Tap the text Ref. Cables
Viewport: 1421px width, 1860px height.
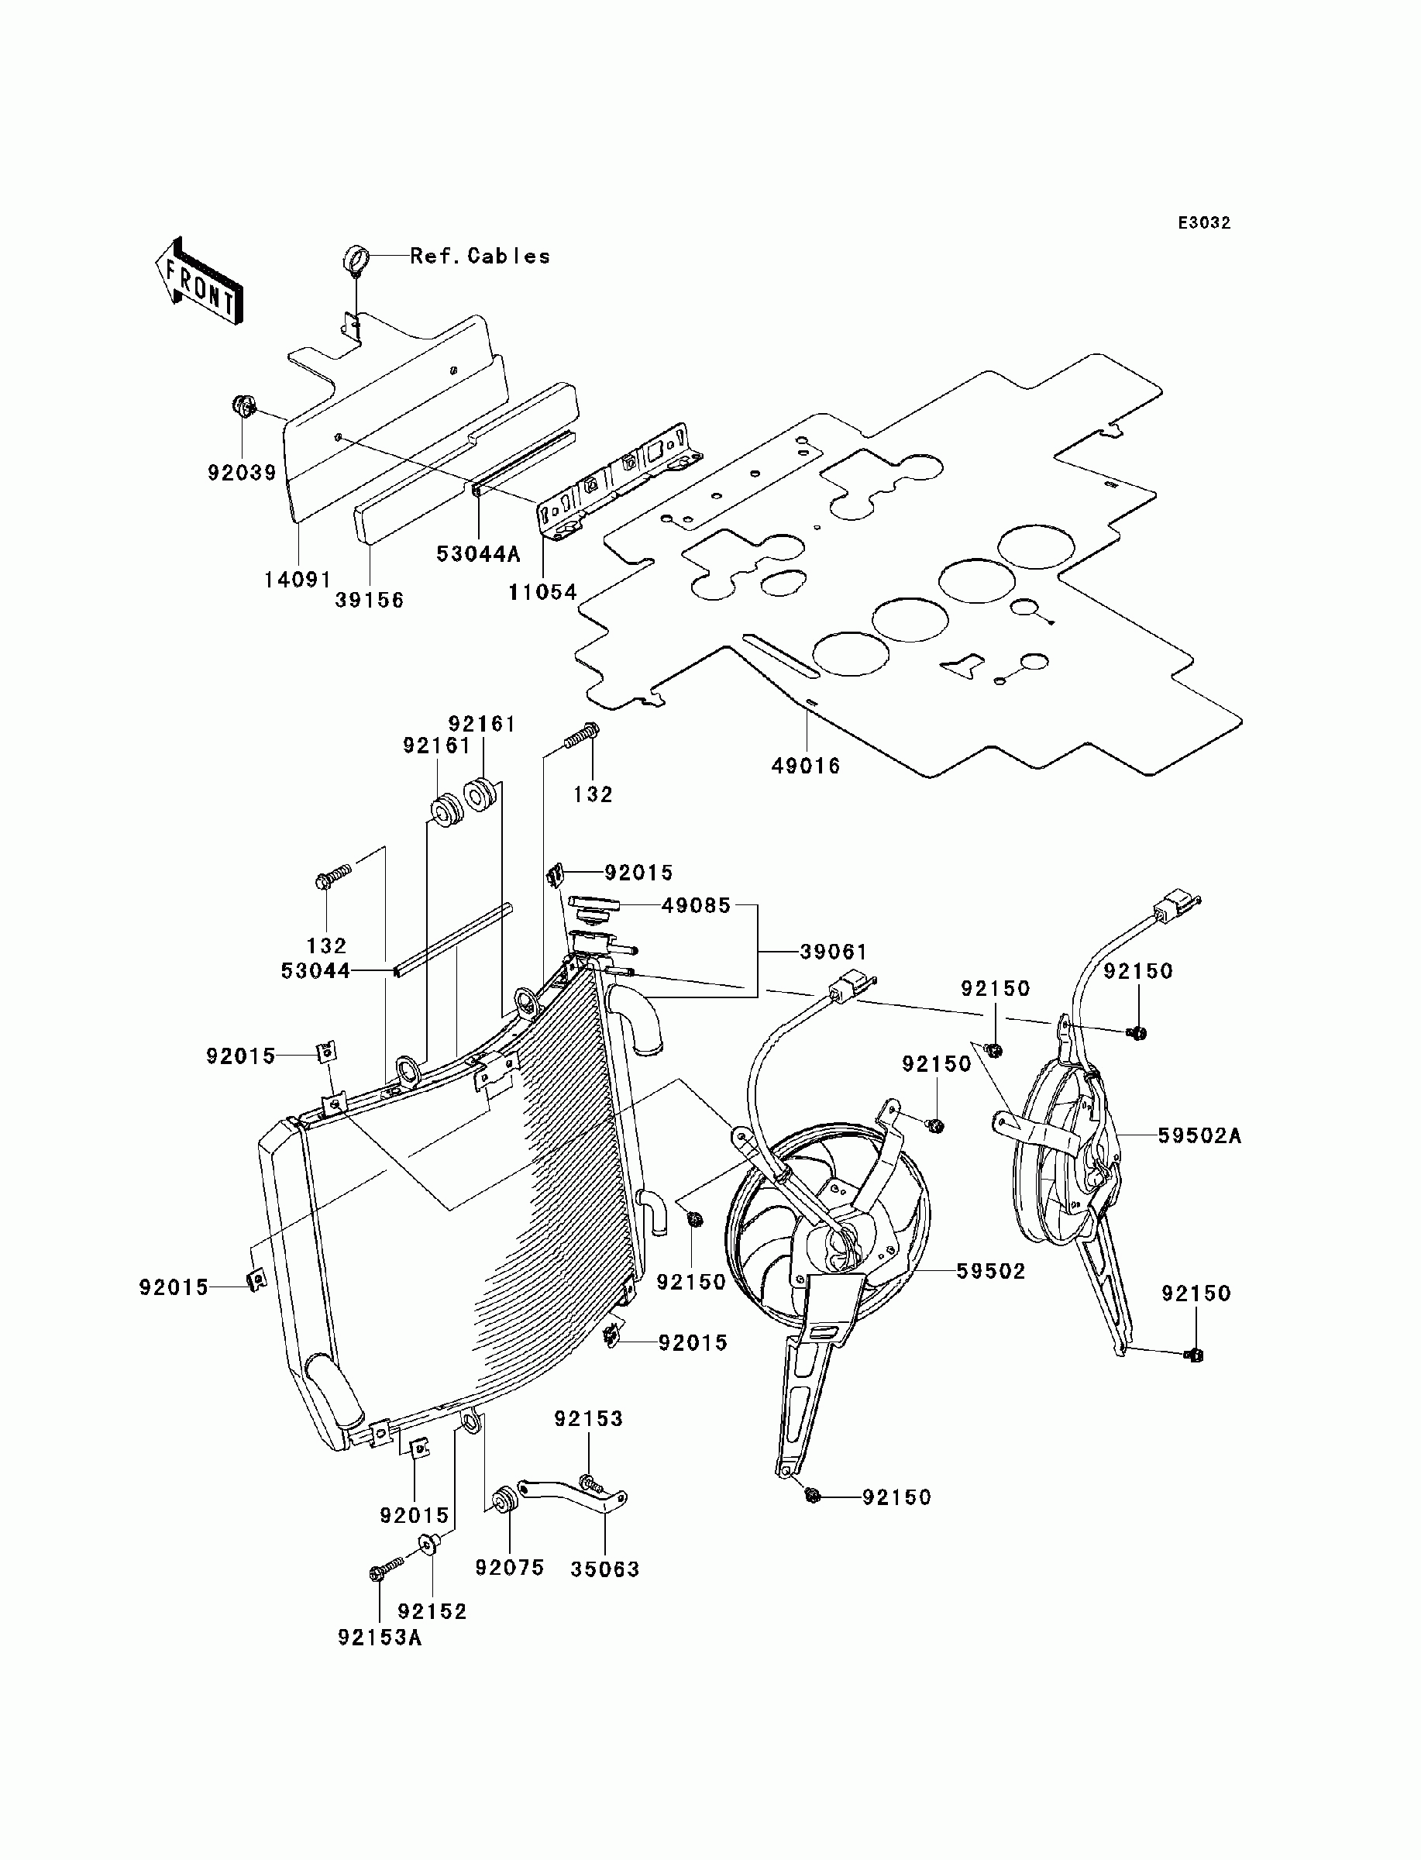[480, 257]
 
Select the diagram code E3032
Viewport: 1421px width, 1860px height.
[1205, 223]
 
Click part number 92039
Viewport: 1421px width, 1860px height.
[243, 473]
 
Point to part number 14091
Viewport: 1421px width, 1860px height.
[298, 580]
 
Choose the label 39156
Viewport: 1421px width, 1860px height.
[370, 600]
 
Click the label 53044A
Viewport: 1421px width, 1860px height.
[478, 553]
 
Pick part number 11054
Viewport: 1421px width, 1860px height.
[542, 592]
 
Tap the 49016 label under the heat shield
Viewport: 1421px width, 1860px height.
[806, 766]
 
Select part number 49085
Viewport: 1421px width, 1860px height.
[696, 906]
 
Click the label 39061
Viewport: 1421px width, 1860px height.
[834, 952]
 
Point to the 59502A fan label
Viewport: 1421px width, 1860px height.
[1199, 1136]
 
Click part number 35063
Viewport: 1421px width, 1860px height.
[605, 1569]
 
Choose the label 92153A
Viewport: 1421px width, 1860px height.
[380, 1638]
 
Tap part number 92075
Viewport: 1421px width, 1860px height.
[509, 1567]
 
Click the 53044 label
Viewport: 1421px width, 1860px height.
[315, 971]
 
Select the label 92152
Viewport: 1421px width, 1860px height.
[432, 1611]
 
